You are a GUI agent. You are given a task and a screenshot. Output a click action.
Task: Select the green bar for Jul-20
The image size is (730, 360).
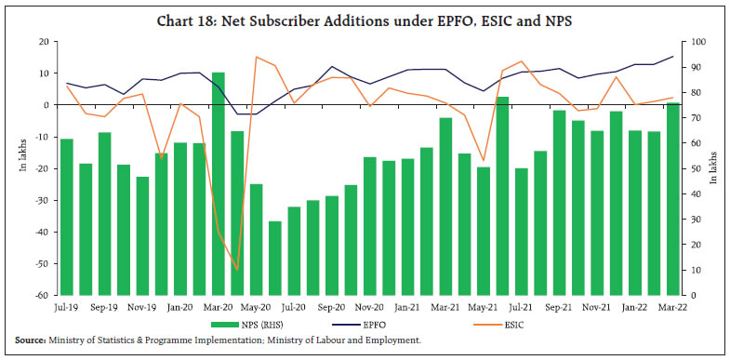pyautogui.click(x=294, y=250)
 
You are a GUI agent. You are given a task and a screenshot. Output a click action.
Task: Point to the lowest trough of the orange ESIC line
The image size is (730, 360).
pyautogui.click(x=236, y=270)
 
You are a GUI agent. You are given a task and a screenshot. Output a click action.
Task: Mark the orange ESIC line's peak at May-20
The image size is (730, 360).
pyautogui.click(x=256, y=57)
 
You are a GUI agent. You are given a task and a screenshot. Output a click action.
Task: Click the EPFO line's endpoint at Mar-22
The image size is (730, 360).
pyautogui.click(x=673, y=57)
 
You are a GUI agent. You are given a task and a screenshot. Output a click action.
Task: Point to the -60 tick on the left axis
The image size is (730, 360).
pyautogui.click(x=42, y=296)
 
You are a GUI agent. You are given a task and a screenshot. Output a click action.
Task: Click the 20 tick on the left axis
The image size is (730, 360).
pyautogui.click(x=44, y=42)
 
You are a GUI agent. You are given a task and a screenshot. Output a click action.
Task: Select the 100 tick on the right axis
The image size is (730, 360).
pyautogui.click(x=692, y=42)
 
